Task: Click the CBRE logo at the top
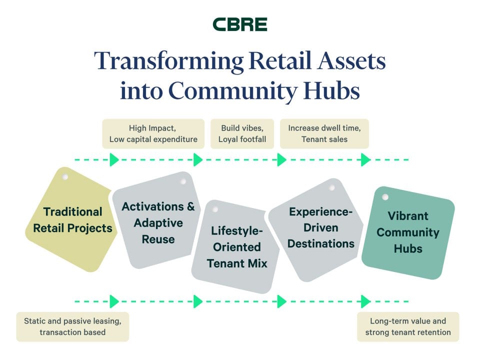(x=240, y=24)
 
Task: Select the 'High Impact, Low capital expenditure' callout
(x=153, y=133)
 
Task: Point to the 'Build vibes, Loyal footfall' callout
(x=242, y=133)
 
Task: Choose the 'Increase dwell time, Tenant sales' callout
(x=324, y=133)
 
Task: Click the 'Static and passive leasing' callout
(x=72, y=326)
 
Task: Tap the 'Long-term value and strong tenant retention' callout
(x=407, y=326)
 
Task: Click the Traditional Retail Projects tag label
(x=72, y=220)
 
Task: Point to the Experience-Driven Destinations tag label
(x=320, y=227)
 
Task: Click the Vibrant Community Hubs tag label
(x=407, y=232)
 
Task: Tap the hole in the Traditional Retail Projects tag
(x=64, y=177)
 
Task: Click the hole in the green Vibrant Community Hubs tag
(x=385, y=197)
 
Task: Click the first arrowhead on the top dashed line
(x=114, y=160)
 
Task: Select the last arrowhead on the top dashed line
(x=365, y=160)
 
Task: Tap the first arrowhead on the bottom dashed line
(x=114, y=301)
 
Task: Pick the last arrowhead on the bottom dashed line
(x=365, y=301)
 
